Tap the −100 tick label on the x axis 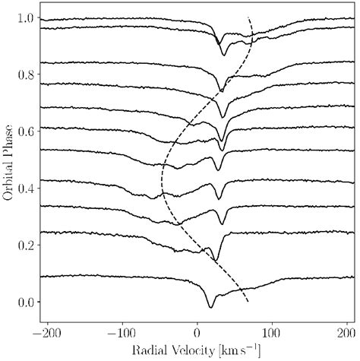coord(122,331)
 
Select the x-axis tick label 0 coord(198,331)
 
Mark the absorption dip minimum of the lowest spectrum coord(211,307)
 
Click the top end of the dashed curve coord(248,17)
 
